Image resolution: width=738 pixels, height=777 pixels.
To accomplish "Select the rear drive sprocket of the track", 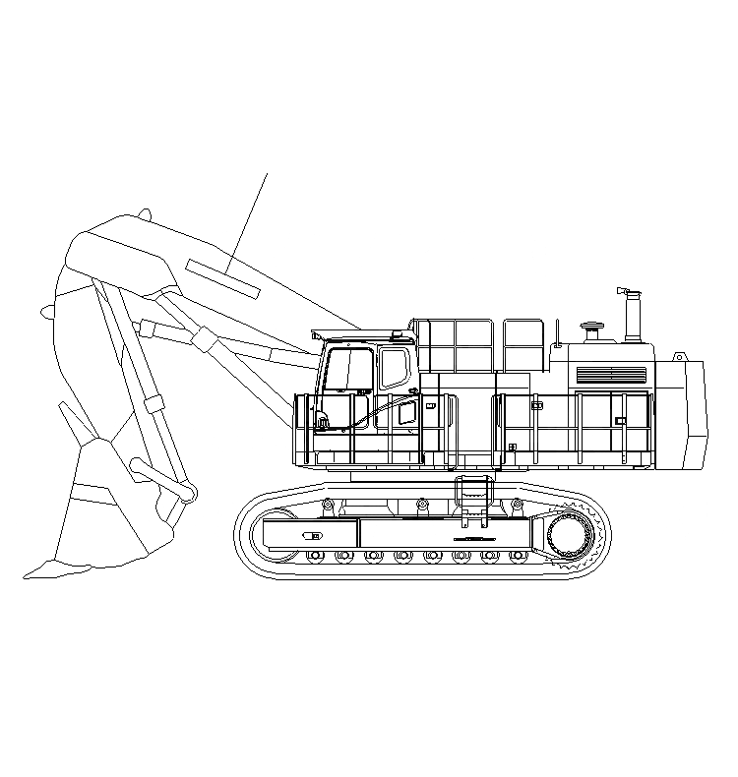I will pyautogui.click(x=571, y=538).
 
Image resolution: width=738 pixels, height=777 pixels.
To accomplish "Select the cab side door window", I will pyautogui.click(x=394, y=368).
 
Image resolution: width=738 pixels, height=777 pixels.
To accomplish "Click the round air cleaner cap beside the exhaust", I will pyautogui.click(x=591, y=329).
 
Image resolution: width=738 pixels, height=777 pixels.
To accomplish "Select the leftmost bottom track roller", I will pyautogui.click(x=315, y=558).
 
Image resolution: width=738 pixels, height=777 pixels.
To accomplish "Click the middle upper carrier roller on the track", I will pyautogui.click(x=422, y=506).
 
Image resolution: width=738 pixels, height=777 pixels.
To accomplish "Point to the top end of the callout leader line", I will pyautogui.click(x=267, y=173).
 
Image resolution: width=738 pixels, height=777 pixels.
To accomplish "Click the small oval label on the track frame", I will pyautogui.click(x=313, y=537).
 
